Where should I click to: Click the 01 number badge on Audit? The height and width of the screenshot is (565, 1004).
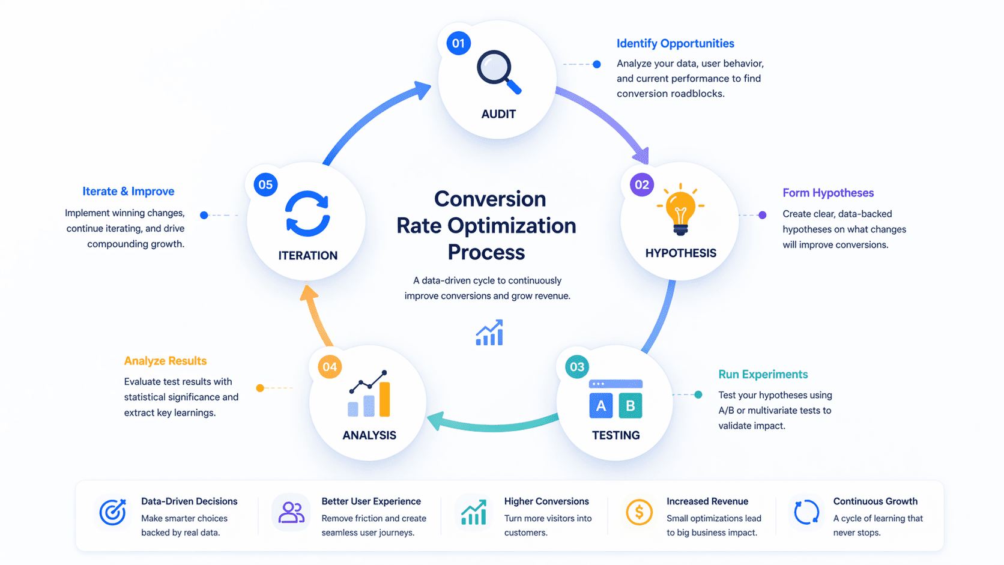(458, 43)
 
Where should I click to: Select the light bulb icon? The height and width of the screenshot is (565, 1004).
(680, 210)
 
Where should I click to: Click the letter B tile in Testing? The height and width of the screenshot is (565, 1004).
(630, 406)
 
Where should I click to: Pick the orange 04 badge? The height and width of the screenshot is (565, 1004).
(329, 367)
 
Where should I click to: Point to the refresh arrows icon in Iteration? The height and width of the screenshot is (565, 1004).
(307, 213)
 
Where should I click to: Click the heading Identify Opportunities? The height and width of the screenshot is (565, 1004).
(675, 43)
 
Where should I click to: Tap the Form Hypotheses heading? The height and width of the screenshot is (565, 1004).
(827, 193)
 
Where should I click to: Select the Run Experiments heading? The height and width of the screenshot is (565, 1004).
(763, 374)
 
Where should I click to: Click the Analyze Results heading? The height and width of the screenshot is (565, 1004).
(165, 361)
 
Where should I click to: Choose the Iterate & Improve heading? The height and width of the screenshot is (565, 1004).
(129, 192)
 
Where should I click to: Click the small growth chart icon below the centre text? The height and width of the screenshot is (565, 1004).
(489, 333)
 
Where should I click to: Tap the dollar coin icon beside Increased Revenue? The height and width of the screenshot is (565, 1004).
(639, 513)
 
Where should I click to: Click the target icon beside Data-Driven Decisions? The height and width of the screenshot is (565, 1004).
(112, 513)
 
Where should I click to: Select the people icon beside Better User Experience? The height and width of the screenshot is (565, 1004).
(291, 513)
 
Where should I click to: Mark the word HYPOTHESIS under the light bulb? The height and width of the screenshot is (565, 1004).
(680, 253)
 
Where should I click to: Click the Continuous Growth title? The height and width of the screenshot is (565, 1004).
(875, 501)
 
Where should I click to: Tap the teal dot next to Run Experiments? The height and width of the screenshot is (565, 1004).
(698, 394)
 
